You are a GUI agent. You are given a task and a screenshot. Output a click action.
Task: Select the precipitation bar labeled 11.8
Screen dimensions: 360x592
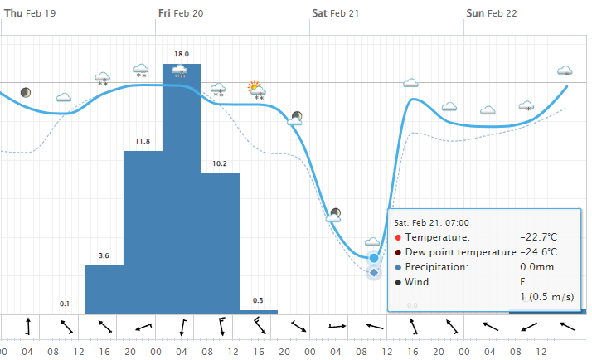coord(143,232)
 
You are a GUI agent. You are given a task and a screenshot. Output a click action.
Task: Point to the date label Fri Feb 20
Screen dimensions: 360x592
coord(180,13)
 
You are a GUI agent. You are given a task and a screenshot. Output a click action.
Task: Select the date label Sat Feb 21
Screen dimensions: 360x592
coord(336,13)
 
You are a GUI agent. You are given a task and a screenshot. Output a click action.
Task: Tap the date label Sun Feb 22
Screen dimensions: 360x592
coord(492,13)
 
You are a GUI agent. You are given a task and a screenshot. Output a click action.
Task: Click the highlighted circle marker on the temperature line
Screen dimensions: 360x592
coord(374,258)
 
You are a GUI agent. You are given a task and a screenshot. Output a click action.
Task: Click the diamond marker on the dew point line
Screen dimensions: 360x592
coord(374,272)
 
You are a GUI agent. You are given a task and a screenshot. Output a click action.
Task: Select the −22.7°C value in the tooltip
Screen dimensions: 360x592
coord(537,237)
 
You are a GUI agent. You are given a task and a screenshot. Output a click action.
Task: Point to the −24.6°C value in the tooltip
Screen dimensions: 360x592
coord(537,252)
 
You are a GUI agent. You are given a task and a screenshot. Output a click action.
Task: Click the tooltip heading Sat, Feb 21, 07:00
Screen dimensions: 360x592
coord(431,222)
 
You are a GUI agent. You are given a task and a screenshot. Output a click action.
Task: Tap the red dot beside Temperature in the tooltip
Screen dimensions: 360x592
coord(398,238)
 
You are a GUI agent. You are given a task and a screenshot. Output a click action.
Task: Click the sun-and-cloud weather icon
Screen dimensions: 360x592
coord(256,87)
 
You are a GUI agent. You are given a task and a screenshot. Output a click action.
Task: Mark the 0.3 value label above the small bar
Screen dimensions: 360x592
coord(258,300)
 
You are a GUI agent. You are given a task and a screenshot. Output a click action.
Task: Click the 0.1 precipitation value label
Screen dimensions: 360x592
coord(65,303)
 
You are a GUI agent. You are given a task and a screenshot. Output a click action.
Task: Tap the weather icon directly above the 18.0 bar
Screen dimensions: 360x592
coord(180,71)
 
